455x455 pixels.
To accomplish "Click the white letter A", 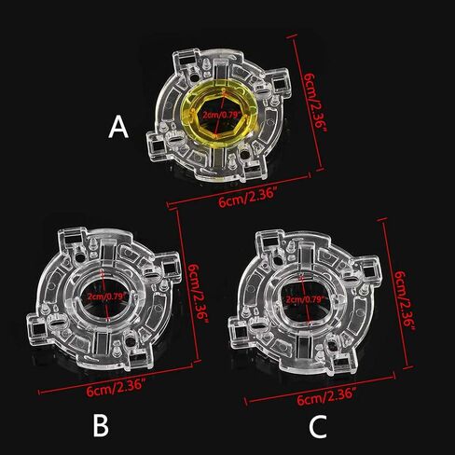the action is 118,127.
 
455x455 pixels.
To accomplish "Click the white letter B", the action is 101,426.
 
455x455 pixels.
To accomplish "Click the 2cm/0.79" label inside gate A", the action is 222,116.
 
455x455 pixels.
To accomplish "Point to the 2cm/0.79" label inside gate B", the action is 107,296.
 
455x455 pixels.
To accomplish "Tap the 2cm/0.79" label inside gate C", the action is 305,300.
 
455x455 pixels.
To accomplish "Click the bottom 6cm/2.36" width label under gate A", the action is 247,198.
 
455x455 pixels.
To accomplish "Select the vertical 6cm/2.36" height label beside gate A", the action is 314,102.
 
